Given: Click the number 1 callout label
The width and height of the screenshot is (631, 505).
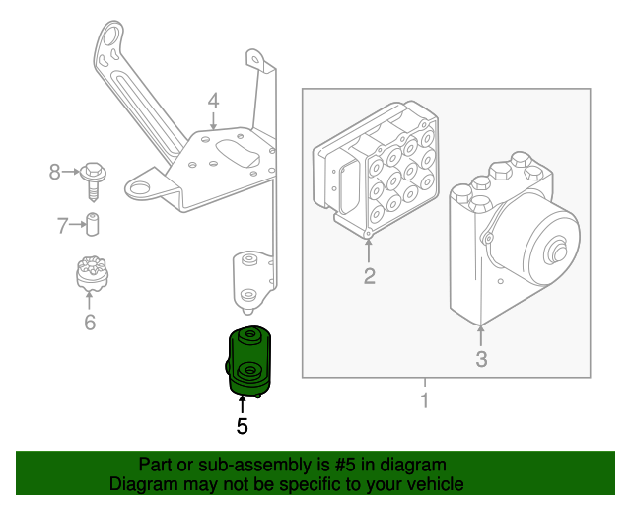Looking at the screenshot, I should point(425,401).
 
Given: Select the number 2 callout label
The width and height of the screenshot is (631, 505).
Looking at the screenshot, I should point(369,276).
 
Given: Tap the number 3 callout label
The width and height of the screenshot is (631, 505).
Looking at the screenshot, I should point(481,359).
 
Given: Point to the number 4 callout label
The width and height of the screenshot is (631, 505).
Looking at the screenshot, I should point(212,101).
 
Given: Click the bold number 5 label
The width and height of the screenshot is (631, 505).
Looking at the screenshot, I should point(242,427).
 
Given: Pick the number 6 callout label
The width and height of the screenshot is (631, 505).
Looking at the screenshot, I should point(90,322).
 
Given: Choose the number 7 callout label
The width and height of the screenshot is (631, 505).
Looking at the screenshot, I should point(62,226).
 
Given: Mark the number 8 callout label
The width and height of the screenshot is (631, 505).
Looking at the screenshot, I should point(55,173).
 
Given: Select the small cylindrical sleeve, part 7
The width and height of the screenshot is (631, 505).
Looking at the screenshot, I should point(95,225).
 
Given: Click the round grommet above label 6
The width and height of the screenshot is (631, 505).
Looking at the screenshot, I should point(91,273).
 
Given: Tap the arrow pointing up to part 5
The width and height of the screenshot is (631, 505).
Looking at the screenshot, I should point(242,404).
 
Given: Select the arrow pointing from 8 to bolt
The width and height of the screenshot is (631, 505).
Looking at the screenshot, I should point(72,173).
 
